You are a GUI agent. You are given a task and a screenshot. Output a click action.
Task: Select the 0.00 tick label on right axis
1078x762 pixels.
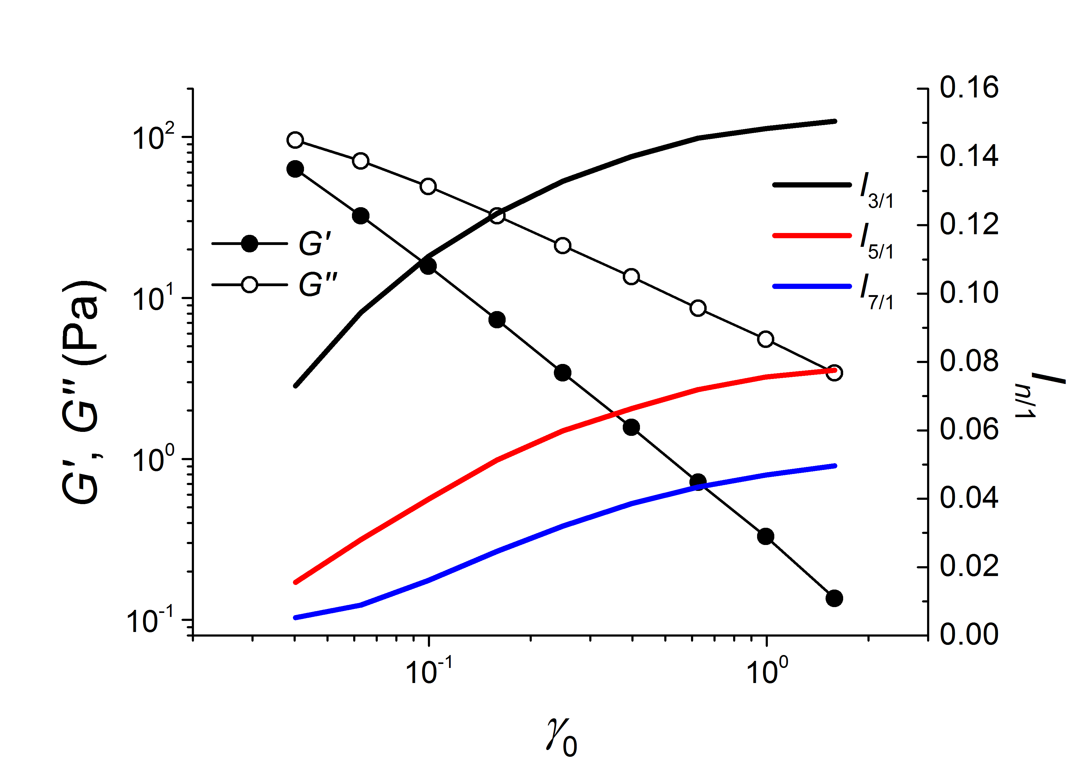pyautogui.click(x=969, y=634)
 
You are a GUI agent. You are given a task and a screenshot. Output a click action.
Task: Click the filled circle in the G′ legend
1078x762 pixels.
pyautogui.click(x=249, y=244)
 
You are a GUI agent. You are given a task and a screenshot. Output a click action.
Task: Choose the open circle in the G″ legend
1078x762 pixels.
pyautogui.click(x=249, y=285)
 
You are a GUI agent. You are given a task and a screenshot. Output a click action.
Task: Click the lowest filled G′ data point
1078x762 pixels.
pyautogui.click(x=834, y=598)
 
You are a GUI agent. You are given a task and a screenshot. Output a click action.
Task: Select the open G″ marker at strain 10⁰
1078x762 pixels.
pyautogui.click(x=766, y=339)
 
